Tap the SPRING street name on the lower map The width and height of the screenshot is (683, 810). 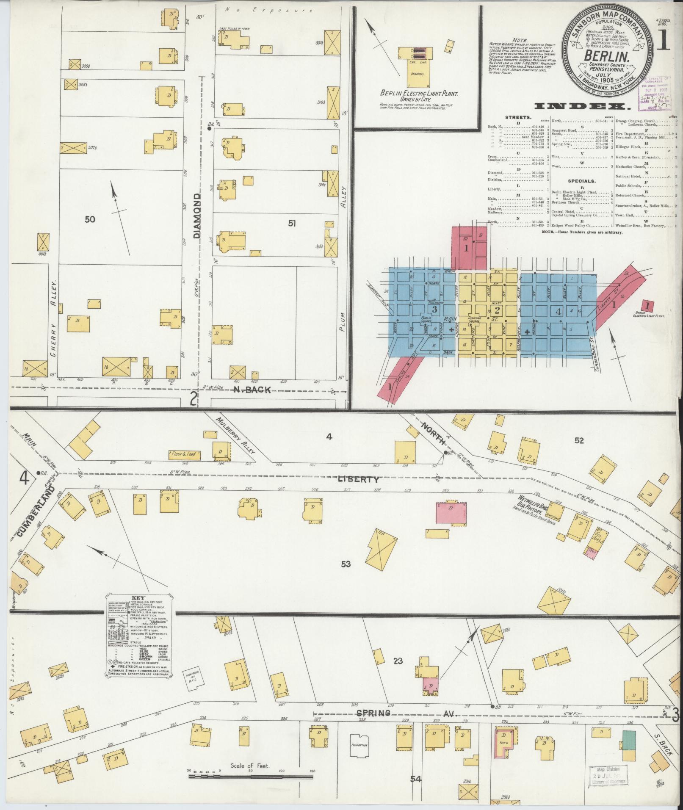[373, 713]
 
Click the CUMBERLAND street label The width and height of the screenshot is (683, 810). [37, 511]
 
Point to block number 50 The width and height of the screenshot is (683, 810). [90, 219]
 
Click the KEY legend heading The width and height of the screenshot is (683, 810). [138, 598]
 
